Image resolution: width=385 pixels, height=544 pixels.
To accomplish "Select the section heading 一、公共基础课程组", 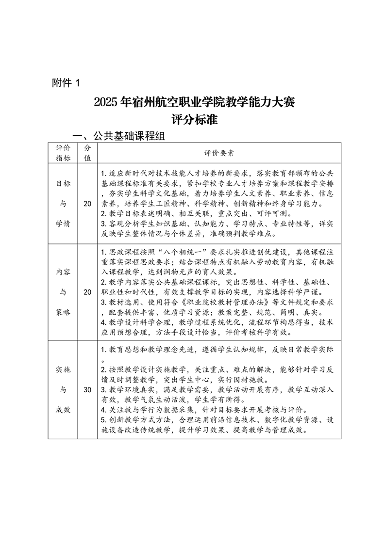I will pyautogui.click(x=119, y=137).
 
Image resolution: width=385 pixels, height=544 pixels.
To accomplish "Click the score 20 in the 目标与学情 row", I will pyautogui.click(x=87, y=204).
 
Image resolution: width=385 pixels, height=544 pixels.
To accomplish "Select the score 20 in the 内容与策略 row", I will pyautogui.click(x=87, y=292).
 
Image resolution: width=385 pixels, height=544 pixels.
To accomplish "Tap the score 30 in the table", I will pyautogui.click(x=87, y=389).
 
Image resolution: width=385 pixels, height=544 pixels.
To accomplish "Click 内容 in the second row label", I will pyautogui.click(x=63, y=272).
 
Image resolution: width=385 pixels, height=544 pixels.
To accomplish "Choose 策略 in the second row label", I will pyautogui.click(x=63, y=312).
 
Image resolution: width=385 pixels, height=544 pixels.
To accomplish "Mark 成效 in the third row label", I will pyautogui.click(x=63, y=409).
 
